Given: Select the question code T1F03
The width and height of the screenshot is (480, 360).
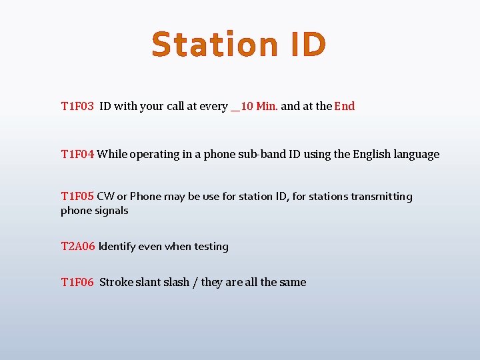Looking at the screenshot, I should (77, 106).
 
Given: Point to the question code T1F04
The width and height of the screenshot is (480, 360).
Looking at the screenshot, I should (77, 154).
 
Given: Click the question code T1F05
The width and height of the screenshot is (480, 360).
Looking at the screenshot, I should (77, 196).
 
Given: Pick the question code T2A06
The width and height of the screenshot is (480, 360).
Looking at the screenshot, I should (77, 246).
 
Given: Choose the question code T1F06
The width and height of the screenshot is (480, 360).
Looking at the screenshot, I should (77, 282).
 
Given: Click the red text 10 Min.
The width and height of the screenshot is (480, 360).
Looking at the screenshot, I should (259, 106).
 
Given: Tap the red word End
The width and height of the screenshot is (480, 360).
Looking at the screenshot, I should (345, 106).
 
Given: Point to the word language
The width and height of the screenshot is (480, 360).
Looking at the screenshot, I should (415, 155).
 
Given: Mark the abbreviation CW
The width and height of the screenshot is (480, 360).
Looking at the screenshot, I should (105, 196).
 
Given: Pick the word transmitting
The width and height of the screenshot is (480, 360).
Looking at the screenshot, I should (382, 197).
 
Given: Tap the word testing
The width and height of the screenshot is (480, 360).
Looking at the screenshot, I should (211, 246).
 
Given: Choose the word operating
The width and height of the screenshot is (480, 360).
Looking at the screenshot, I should (156, 155).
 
